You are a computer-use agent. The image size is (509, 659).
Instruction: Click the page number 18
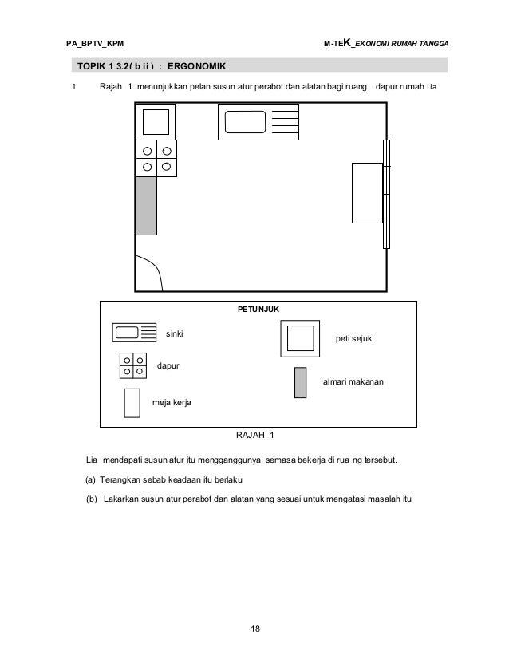(x=254, y=630)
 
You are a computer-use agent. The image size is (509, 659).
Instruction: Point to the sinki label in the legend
(x=174, y=333)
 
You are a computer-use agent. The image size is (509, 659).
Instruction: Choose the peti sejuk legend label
(x=354, y=339)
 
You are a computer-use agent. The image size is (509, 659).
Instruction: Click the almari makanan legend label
(x=353, y=383)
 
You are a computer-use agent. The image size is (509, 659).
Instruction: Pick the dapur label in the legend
(x=167, y=365)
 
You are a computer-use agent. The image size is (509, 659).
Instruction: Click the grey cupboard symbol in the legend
(x=301, y=382)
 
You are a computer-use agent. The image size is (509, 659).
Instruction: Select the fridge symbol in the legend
(x=299, y=340)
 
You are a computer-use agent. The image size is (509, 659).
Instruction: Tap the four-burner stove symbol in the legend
(x=133, y=365)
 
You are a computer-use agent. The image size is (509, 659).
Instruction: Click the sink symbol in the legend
(x=136, y=333)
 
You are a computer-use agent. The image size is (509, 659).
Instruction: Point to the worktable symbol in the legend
(x=132, y=403)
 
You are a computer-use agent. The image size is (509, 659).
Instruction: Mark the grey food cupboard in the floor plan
(x=146, y=205)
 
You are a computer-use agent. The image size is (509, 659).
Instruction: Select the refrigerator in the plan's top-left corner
(x=155, y=122)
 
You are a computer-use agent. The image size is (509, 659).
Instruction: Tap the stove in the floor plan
(x=156, y=159)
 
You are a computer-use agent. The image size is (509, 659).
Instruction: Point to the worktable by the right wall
(x=368, y=194)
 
